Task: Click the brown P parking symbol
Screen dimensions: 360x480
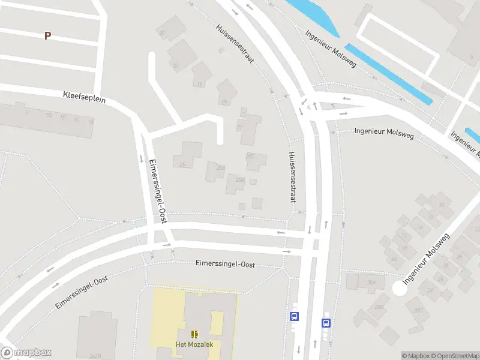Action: (47, 35)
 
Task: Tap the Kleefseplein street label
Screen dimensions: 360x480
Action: (84, 97)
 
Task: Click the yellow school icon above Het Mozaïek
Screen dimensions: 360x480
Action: (194, 334)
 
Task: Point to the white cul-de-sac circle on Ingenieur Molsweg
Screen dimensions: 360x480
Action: (399, 289)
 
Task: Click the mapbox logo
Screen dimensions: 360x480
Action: (26, 353)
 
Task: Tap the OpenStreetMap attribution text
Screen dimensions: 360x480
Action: (455, 356)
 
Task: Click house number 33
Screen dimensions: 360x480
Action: (175, 65)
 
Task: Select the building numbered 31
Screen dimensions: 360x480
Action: (199, 84)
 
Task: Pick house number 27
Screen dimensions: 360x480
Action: (240, 127)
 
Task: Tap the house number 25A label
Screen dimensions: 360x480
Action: (220, 167)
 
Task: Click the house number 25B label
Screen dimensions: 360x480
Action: (240, 179)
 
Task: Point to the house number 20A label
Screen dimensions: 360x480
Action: (373, 281)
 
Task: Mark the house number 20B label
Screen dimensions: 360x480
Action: (379, 307)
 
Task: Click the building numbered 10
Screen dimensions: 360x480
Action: (442, 205)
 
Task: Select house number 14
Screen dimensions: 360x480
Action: (420, 227)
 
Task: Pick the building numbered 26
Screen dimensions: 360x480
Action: (445, 265)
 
